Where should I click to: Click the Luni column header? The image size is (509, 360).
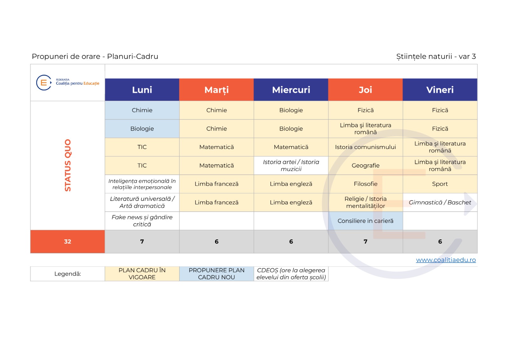click(x=142, y=89)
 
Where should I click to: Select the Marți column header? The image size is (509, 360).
click(x=217, y=89)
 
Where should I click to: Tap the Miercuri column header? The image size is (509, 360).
click(x=291, y=89)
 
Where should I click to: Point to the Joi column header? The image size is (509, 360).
click(x=366, y=89)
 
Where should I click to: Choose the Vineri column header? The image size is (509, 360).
click(x=440, y=89)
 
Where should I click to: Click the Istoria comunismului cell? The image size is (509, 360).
click(x=366, y=147)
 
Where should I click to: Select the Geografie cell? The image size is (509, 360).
click(x=366, y=166)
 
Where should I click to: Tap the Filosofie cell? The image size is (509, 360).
click(x=366, y=184)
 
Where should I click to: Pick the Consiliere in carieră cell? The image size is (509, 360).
click(x=366, y=221)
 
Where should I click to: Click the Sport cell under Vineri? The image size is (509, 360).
click(x=440, y=184)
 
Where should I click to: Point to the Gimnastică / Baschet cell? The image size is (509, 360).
click(x=440, y=202)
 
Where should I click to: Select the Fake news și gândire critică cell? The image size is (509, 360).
click(x=142, y=221)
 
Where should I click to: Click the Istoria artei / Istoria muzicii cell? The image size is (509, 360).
click(x=291, y=166)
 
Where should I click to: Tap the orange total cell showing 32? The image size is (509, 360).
click(x=67, y=242)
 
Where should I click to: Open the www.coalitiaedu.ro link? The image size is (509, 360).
click(x=446, y=260)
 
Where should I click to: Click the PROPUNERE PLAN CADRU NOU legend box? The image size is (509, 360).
click(x=217, y=274)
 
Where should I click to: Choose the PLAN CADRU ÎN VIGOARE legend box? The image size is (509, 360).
click(x=142, y=274)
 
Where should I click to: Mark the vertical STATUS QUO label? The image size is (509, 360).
click(x=68, y=165)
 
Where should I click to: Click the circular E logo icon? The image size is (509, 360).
click(x=44, y=82)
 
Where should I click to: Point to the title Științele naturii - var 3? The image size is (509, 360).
click(x=436, y=56)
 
